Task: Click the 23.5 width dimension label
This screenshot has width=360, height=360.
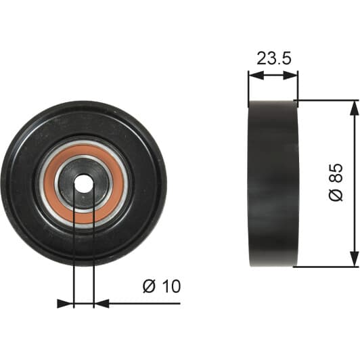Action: pyautogui.click(x=273, y=58)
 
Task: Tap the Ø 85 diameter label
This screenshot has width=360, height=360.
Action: pyautogui.click(x=336, y=183)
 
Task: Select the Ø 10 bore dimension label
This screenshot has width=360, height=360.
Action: pyautogui.click(x=162, y=286)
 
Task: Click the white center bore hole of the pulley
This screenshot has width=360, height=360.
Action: pyautogui.click(x=84, y=183)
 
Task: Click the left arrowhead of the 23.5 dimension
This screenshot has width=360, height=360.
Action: pyautogui.click(x=256, y=75)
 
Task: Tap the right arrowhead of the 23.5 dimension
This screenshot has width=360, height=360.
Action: pyautogui.click(x=290, y=75)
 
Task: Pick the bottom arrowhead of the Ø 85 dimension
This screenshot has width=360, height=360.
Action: pyautogui.click(x=354, y=259)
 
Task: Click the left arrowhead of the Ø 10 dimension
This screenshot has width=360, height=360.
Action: pyautogui.click(x=65, y=304)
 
